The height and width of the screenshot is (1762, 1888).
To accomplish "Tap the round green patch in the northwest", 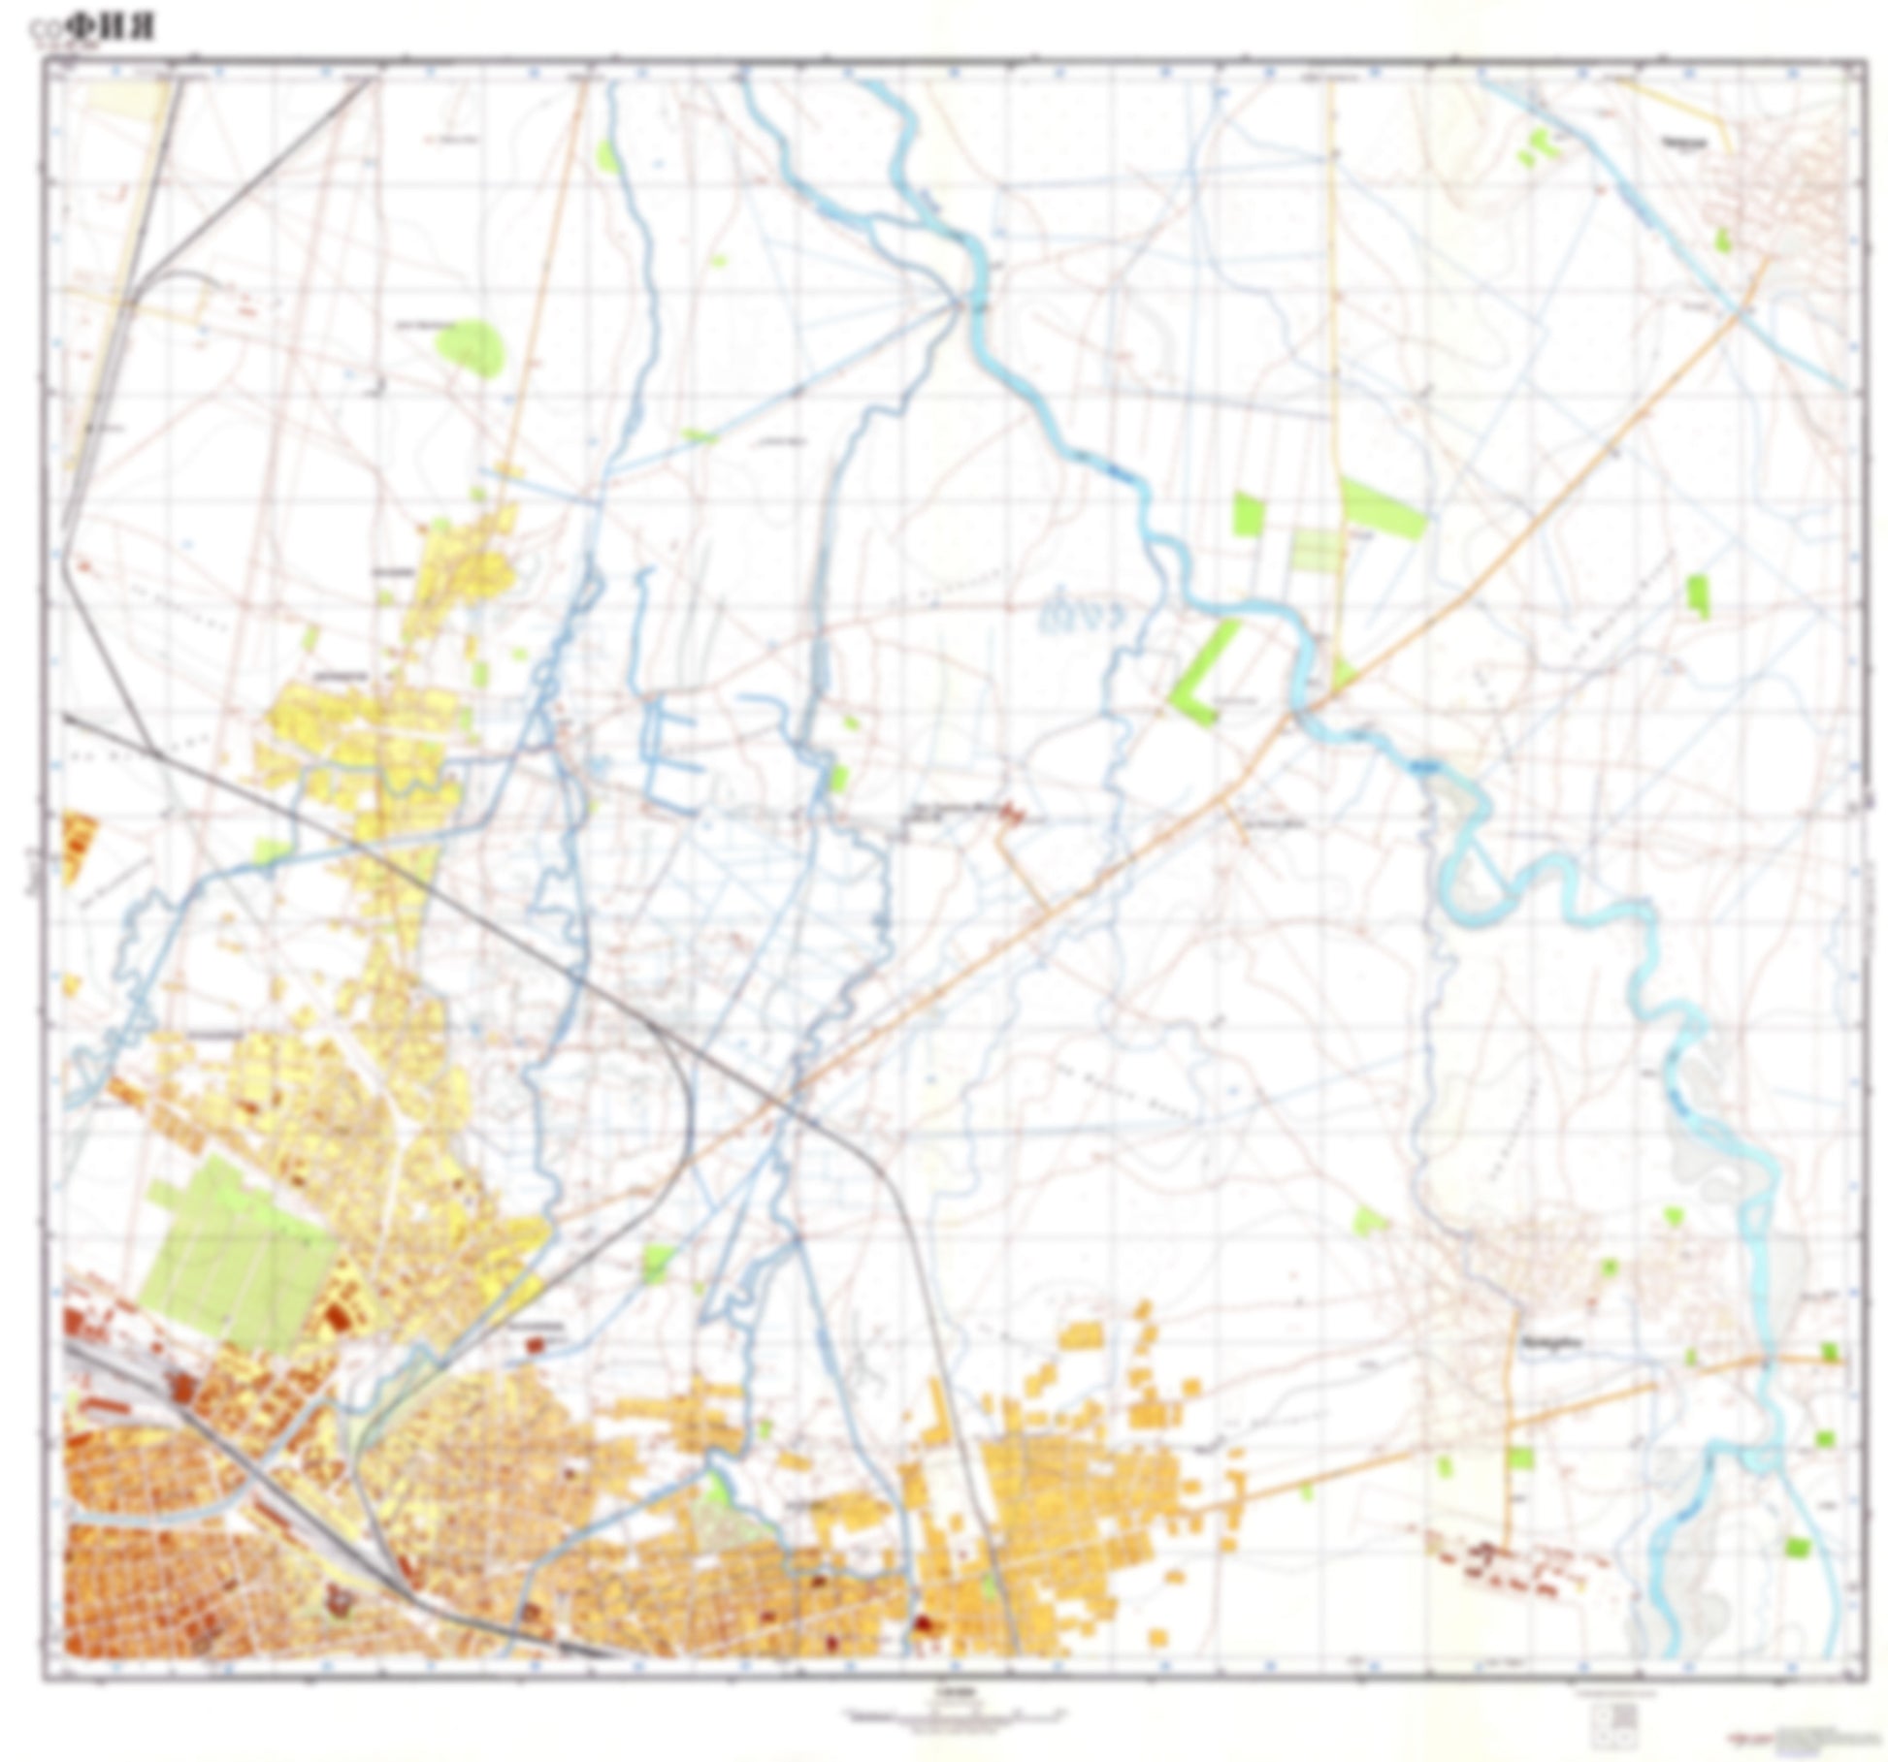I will click(471, 344).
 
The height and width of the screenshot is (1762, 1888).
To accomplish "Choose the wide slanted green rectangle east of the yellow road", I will click(1383, 507).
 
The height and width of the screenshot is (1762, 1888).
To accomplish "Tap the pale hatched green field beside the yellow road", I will click(1316, 551).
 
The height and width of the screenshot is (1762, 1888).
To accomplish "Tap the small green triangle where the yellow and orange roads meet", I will click(1344, 671).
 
